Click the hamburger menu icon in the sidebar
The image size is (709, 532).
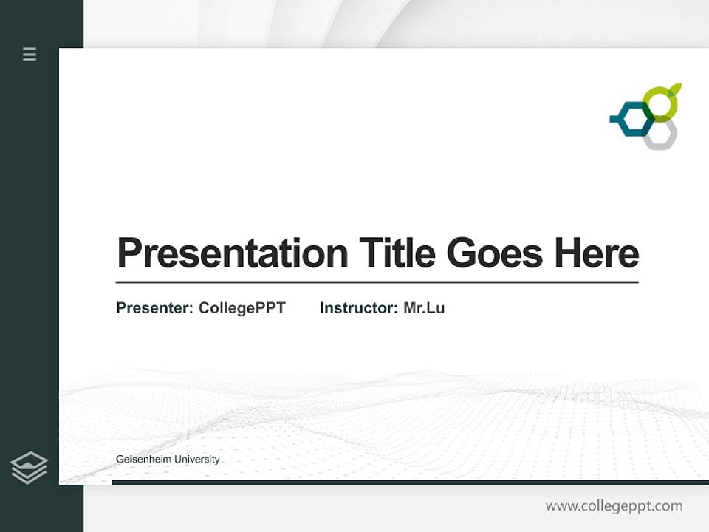point(30,54)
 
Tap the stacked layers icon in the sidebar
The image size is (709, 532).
point(29,468)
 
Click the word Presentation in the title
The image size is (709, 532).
point(232,253)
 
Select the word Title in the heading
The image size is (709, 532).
point(397,253)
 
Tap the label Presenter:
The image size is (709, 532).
point(154,308)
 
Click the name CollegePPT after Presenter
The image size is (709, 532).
point(242,308)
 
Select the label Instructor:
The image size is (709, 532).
point(358,308)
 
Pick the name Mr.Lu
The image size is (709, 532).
point(424,308)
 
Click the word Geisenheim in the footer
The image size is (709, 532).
point(143,460)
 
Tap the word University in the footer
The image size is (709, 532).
point(196,460)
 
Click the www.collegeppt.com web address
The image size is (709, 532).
point(614,506)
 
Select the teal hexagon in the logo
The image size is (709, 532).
point(634,120)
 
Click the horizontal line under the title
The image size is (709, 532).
point(377,282)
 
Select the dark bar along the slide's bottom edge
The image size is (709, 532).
point(410,482)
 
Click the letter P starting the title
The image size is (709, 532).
point(129,253)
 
